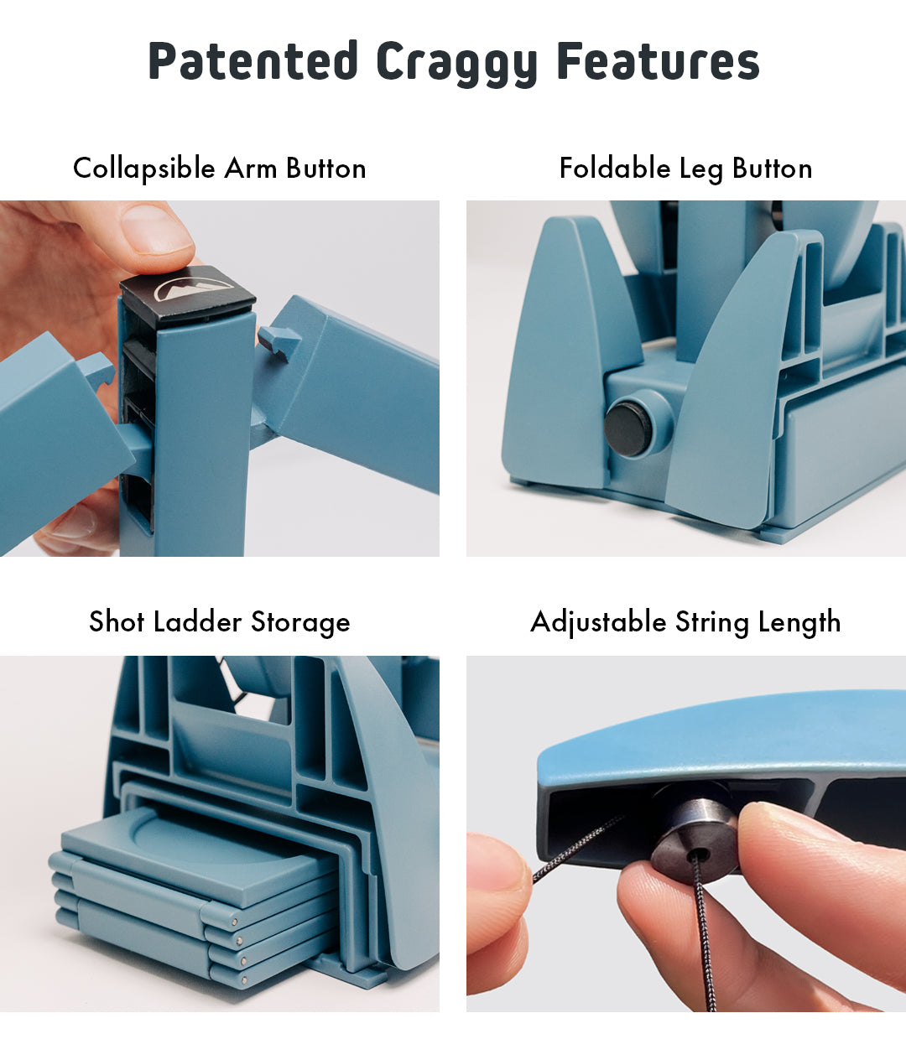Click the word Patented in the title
(253, 60)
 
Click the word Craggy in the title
(456, 63)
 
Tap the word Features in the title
(658, 60)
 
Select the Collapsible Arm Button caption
(220, 168)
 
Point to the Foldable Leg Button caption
(685, 168)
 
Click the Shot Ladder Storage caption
(220, 621)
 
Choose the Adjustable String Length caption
(685, 621)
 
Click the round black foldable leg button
(627, 428)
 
